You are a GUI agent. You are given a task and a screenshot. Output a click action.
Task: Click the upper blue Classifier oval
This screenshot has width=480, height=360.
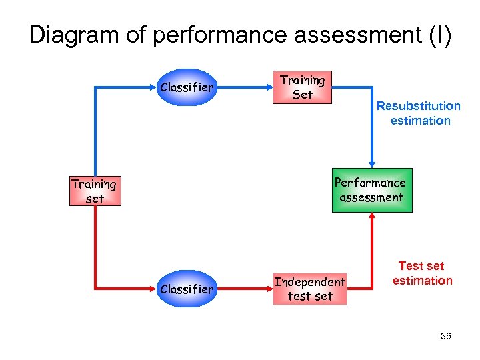[187, 87]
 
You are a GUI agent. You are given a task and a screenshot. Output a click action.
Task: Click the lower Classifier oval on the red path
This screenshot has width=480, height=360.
[187, 289]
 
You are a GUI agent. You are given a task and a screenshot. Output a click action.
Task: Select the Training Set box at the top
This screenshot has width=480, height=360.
[303, 87]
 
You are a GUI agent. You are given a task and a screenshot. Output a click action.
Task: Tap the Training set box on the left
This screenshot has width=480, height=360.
[95, 191]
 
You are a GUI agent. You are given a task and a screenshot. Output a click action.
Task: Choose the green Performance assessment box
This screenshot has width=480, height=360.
[371, 190]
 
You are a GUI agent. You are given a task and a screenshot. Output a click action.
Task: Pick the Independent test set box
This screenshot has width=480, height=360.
[310, 289]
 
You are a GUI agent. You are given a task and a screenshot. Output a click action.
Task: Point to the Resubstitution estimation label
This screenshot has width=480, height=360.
[419, 113]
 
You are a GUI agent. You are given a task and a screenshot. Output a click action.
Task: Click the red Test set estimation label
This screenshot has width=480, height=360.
[421, 273]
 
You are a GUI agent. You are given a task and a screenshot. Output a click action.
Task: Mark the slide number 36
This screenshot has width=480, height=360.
[446, 336]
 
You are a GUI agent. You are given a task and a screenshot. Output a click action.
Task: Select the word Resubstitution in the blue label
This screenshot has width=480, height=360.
[419, 106]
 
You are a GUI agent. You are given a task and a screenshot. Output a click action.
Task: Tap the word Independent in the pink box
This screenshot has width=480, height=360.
[310, 282]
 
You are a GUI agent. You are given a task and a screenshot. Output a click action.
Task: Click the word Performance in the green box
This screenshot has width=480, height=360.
[370, 183]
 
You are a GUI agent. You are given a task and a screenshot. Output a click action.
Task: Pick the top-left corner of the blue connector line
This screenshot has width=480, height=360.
[96, 87]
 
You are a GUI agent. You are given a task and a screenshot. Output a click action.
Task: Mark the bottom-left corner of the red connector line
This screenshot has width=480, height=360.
[96, 289]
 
